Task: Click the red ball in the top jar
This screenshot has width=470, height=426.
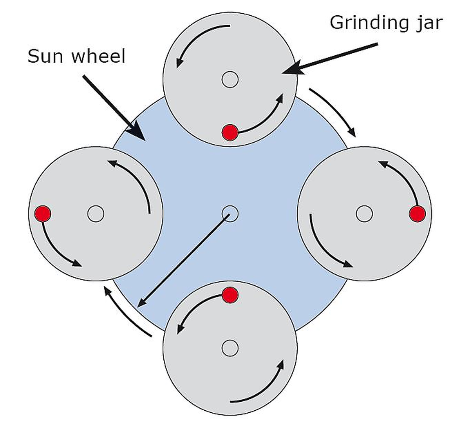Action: point(230,132)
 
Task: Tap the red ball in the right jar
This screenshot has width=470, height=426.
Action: point(418,214)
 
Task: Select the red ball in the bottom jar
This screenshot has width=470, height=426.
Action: point(230,295)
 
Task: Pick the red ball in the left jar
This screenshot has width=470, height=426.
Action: point(43,214)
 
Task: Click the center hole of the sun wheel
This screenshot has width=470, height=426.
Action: point(230,214)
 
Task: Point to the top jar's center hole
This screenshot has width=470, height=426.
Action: point(230,80)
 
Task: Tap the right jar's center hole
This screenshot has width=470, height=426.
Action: point(365,214)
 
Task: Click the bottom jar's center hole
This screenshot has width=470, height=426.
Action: point(230,348)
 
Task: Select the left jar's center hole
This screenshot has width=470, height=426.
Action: point(96,214)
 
